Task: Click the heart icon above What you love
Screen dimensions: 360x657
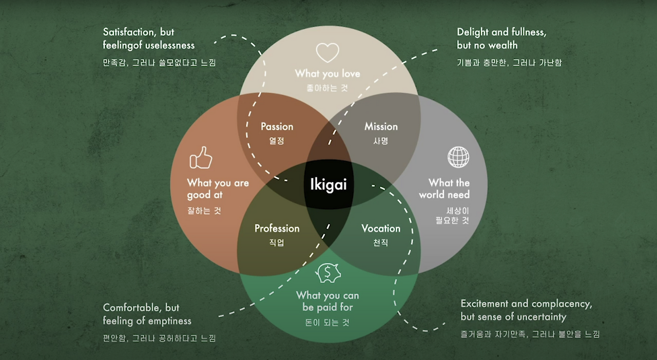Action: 327,52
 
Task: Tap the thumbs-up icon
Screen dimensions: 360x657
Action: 201,158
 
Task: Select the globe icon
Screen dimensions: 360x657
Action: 458,157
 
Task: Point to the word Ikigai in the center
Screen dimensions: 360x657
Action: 328,184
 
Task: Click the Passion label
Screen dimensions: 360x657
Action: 277,126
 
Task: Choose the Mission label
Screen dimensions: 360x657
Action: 381,126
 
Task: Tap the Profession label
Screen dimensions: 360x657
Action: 277,228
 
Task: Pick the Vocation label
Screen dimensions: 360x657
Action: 380,228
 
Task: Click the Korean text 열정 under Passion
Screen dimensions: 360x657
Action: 277,140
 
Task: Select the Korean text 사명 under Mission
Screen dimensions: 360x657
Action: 381,140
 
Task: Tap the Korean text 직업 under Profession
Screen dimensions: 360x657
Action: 277,242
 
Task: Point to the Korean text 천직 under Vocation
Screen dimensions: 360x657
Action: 380,242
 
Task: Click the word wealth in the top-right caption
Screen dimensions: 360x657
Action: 503,45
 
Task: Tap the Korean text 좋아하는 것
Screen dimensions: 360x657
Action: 327,88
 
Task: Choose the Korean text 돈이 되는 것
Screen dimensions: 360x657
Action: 327,323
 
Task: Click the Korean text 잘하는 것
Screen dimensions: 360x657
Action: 204,210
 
